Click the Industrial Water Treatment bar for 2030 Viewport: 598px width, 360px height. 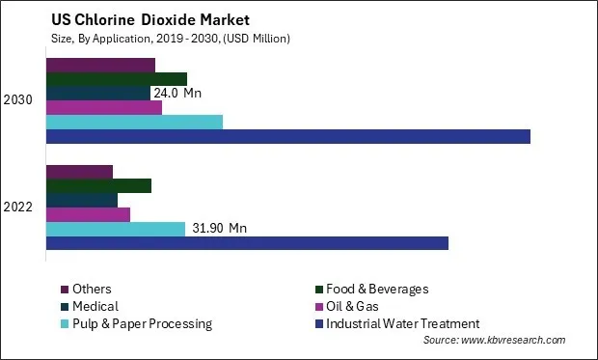pyautogui.click(x=287, y=136)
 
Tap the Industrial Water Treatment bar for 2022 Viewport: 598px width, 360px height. pyautogui.click(x=247, y=243)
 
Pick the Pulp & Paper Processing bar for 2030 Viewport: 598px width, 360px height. pyautogui.click(x=134, y=122)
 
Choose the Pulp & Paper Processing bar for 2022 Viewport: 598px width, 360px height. pyautogui.click(x=116, y=229)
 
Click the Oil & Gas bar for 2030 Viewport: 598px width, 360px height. pyautogui.click(x=104, y=107)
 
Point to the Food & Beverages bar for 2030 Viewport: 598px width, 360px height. pyautogui.click(x=117, y=79)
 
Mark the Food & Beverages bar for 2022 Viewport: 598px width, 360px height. pyautogui.click(x=98, y=185)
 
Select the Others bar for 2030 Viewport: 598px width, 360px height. pyautogui.click(x=100, y=65)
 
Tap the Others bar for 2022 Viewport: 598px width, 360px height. pyautogui.click(x=79, y=172)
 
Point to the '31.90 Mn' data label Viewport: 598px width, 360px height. pyautogui.click(x=218, y=229)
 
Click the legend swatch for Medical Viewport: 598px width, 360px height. pyautogui.click(x=65, y=306)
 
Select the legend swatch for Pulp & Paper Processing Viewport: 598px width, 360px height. pyautogui.click(x=65, y=323)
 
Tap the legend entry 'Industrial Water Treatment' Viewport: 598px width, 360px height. pyautogui.click(x=402, y=323)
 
